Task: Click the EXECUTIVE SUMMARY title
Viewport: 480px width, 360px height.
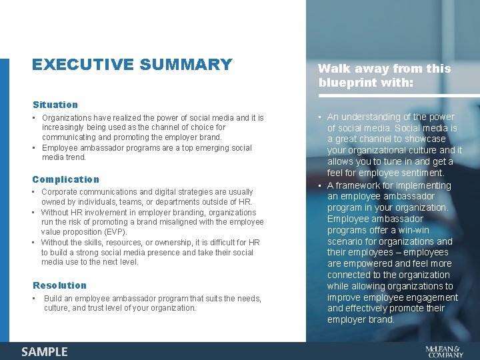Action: (132, 65)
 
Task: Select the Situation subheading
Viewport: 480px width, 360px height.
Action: (55, 105)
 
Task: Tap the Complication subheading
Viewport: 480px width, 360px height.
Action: (66, 179)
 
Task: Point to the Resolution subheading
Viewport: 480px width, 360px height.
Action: (60, 285)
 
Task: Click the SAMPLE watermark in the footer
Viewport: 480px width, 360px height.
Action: (45, 351)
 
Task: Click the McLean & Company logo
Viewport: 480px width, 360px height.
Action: (444, 351)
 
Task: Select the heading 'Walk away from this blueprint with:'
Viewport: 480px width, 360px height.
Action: (384, 76)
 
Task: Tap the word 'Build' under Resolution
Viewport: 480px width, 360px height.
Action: (53, 299)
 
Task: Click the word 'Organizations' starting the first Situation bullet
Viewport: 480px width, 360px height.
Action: (67, 118)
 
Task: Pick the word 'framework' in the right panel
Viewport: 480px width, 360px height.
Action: (359, 185)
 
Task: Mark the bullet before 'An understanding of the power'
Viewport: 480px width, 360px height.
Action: (320, 117)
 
